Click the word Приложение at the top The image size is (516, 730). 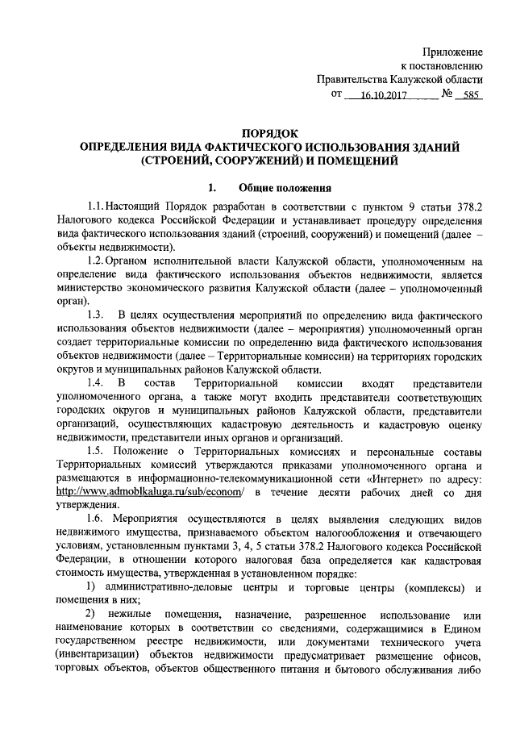454,51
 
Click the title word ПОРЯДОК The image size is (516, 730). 269,133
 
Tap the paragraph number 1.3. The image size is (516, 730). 98,313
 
